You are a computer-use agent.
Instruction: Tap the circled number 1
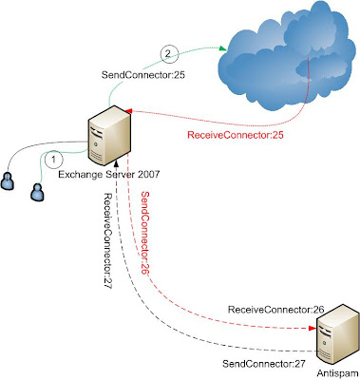click(x=54, y=161)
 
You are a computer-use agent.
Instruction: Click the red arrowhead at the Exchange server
click(x=130, y=112)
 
